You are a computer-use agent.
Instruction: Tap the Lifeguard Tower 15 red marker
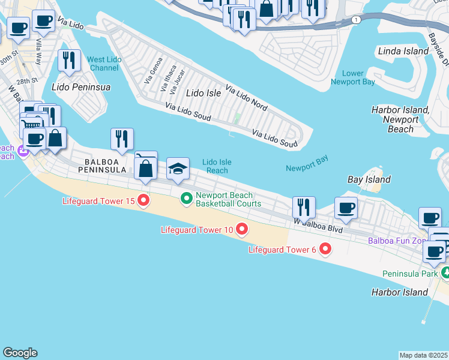pyautogui.click(x=143, y=200)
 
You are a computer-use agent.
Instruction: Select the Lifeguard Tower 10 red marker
pyautogui.click(x=242, y=229)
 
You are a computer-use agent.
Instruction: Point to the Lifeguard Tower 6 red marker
pyautogui.click(x=325, y=248)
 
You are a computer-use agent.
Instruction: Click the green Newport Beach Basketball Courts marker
pyautogui.click(x=186, y=197)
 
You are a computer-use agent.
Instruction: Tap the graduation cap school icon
pyautogui.click(x=178, y=169)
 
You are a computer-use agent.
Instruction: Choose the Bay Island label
pyautogui.click(x=369, y=179)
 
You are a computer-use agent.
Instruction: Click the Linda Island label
pyautogui.click(x=403, y=52)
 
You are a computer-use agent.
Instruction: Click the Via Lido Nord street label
pyautogui.click(x=246, y=98)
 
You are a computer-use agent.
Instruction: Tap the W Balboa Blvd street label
pyautogui.click(x=318, y=225)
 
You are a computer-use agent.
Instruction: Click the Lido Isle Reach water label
pyautogui.click(x=216, y=166)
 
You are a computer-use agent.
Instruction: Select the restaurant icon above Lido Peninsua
pyautogui.click(x=70, y=61)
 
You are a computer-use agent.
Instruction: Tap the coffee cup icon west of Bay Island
pyautogui.click(x=346, y=208)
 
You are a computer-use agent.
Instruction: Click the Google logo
pyautogui.click(x=20, y=353)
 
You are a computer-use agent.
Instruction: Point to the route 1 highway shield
pyautogui.click(x=357, y=20)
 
